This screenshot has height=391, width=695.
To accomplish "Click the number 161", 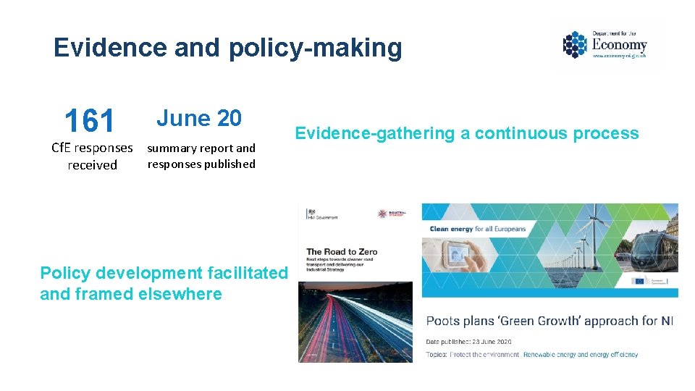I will click(89, 121).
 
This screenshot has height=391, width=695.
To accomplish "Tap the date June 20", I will click(199, 118).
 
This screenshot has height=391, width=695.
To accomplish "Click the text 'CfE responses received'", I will click(92, 156).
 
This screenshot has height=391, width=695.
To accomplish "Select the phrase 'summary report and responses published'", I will click(201, 156).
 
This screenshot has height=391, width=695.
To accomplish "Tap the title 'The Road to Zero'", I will click(342, 252).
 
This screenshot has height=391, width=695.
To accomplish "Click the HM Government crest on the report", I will click(313, 211).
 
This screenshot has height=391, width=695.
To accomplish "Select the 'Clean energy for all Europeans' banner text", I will click(478, 229).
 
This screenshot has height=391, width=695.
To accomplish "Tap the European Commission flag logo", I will click(639, 281).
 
